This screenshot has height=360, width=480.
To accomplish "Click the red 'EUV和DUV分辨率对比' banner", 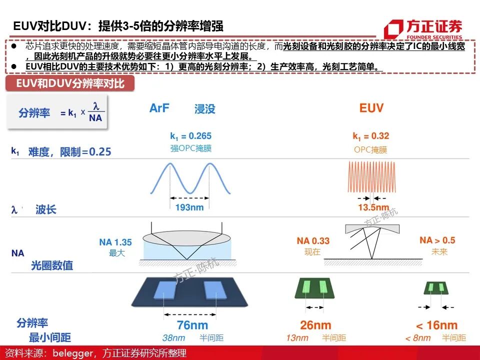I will (70, 83).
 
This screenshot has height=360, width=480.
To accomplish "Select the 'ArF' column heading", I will (159, 108).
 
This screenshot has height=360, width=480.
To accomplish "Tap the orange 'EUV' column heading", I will (371, 108).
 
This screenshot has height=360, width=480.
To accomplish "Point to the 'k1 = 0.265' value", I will (190, 136).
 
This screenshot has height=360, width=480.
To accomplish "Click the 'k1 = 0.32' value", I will (370, 136).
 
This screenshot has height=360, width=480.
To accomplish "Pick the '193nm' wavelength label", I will (189, 207).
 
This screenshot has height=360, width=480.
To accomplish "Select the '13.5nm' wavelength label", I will (373, 207).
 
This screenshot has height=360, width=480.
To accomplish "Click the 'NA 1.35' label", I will (115, 242).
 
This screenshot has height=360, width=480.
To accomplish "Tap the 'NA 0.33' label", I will (313, 241).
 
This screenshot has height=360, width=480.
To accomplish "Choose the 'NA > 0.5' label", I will (437, 240).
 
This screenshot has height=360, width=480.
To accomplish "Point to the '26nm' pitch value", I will (315, 325).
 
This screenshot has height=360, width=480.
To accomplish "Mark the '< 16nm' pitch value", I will (436, 325).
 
